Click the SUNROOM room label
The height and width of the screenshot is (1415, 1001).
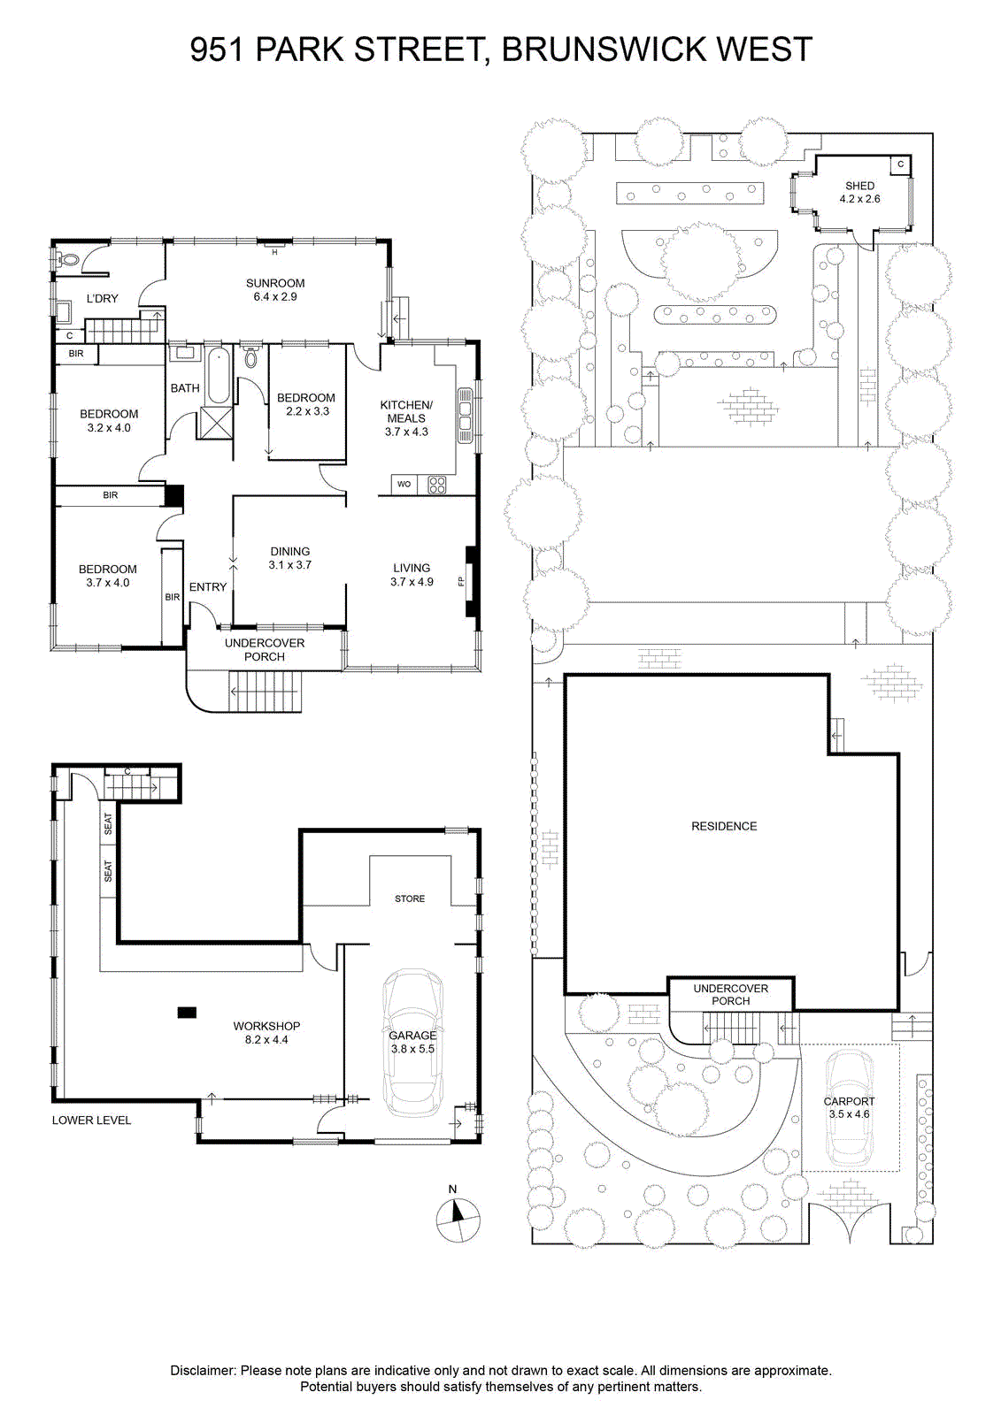tap(275, 283)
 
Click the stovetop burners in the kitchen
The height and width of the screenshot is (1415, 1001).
tap(437, 485)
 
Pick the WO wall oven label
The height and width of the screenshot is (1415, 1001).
tap(404, 485)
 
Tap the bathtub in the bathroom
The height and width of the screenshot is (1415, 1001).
tap(218, 376)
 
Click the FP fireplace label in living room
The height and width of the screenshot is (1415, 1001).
tap(461, 581)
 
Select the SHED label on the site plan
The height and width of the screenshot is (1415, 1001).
tap(859, 186)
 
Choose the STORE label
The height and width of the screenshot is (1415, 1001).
tap(410, 899)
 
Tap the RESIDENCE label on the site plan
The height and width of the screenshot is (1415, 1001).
tap(724, 826)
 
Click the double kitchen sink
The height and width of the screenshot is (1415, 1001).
tap(466, 417)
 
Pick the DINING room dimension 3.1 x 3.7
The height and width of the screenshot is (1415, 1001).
tap(289, 565)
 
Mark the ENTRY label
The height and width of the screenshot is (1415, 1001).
tap(207, 587)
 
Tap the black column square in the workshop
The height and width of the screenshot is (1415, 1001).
tap(187, 1013)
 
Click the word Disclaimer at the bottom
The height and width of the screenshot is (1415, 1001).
tap(203, 1370)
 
